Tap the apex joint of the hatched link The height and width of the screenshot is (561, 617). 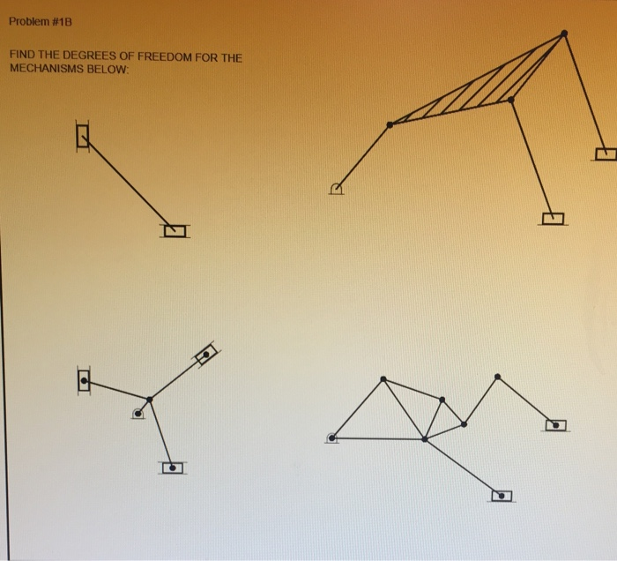[x=564, y=34]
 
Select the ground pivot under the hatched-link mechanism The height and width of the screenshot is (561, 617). [x=336, y=188]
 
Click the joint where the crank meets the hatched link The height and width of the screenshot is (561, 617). [x=390, y=124]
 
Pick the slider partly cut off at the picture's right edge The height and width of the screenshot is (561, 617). [x=606, y=155]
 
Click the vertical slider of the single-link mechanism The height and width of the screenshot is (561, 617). [x=83, y=135]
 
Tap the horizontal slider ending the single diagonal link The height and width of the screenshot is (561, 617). [x=175, y=231]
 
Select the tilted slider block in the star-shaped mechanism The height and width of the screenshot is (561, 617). [x=205, y=355]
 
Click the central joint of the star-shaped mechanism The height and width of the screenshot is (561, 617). [x=150, y=400]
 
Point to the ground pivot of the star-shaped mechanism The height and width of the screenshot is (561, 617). [x=138, y=413]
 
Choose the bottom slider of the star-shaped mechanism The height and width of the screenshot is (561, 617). [x=173, y=467]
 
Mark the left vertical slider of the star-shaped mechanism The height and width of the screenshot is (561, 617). [x=84, y=381]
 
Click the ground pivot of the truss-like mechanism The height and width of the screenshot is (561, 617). [x=332, y=437]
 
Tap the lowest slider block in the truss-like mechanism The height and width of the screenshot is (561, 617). [x=501, y=496]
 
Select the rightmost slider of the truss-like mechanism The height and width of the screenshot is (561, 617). [x=555, y=425]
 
